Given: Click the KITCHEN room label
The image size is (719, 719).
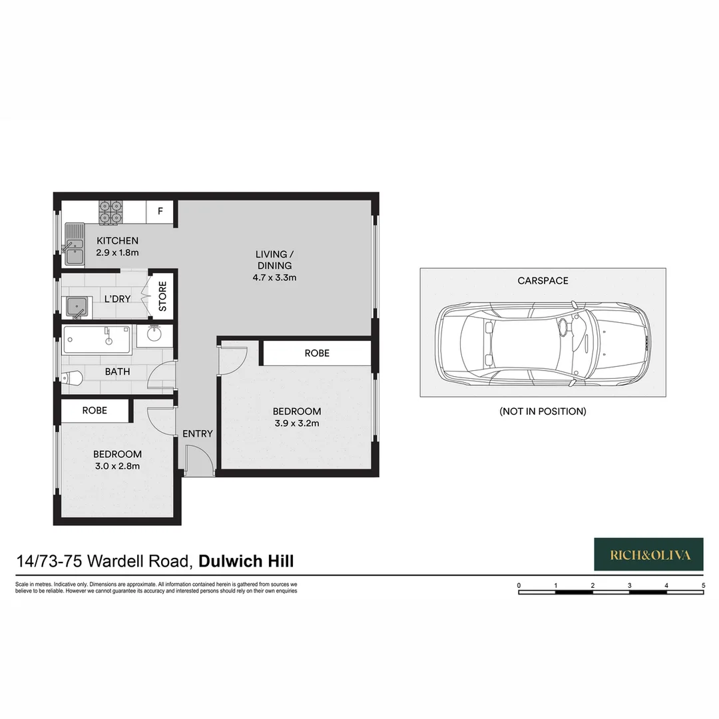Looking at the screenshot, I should pyautogui.click(x=117, y=240).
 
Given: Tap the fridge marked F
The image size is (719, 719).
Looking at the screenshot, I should pyautogui.click(x=160, y=212).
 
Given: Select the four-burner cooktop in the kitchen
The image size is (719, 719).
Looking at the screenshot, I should pyautogui.click(x=111, y=212).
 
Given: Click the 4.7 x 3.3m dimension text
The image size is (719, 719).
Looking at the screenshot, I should pyautogui.click(x=274, y=277).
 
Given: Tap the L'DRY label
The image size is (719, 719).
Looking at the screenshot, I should pyautogui.click(x=117, y=299).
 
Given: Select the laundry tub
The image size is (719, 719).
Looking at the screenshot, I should pyautogui.click(x=77, y=307).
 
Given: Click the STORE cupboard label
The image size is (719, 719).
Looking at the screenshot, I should pyautogui.click(x=162, y=297).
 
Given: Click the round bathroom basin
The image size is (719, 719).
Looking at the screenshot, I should pyautogui.click(x=154, y=336).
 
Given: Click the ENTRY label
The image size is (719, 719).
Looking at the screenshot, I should pyautogui.click(x=198, y=433).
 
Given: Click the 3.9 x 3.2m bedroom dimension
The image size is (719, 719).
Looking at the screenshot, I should pyautogui.click(x=296, y=423).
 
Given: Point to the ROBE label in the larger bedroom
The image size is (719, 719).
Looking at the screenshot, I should pyautogui.click(x=317, y=353).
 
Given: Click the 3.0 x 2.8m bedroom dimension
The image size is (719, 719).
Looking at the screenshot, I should pyautogui.click(x=117, y=466).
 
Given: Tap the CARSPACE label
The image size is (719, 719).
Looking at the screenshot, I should pyautogui.click(x=543, y=280).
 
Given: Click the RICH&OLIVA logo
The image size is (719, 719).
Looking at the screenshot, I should pyautogui.click(x=648, y=555).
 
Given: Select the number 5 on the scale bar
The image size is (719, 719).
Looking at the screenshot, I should pyautogui.click(x=703, y=585).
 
